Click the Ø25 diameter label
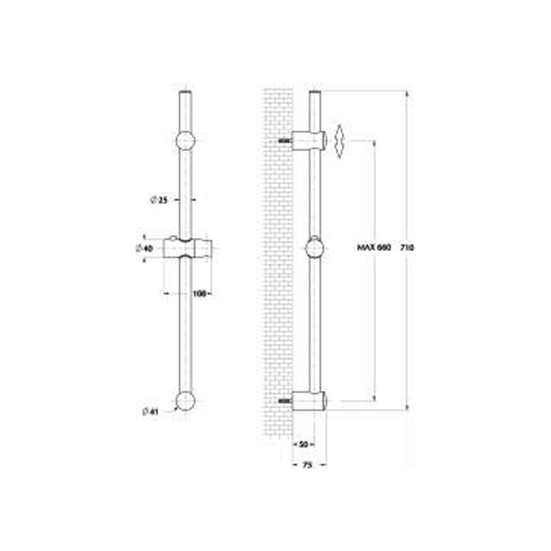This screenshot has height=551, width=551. tap(159, 200)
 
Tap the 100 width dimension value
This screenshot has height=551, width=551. tap(199, 293)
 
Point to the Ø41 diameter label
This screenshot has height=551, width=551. tap(150, 412)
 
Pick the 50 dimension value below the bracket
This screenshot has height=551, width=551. tap(303, 444)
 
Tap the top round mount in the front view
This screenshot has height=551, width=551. tap(186, 141)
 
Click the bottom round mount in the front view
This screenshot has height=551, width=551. tap(186, 401)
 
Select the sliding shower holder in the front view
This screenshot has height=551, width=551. tap(187, 248)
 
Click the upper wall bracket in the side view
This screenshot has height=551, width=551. tap(309, 141)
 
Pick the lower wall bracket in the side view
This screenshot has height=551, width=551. tap(309, 401)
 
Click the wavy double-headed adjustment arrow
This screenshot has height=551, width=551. tap(340, 141)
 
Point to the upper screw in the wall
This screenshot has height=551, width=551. tap(284, 140)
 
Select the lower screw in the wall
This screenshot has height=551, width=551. tap(284, 401)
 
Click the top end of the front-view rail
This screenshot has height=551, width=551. tap(186, 92)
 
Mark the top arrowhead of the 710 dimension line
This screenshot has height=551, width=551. tap(407, 94)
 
